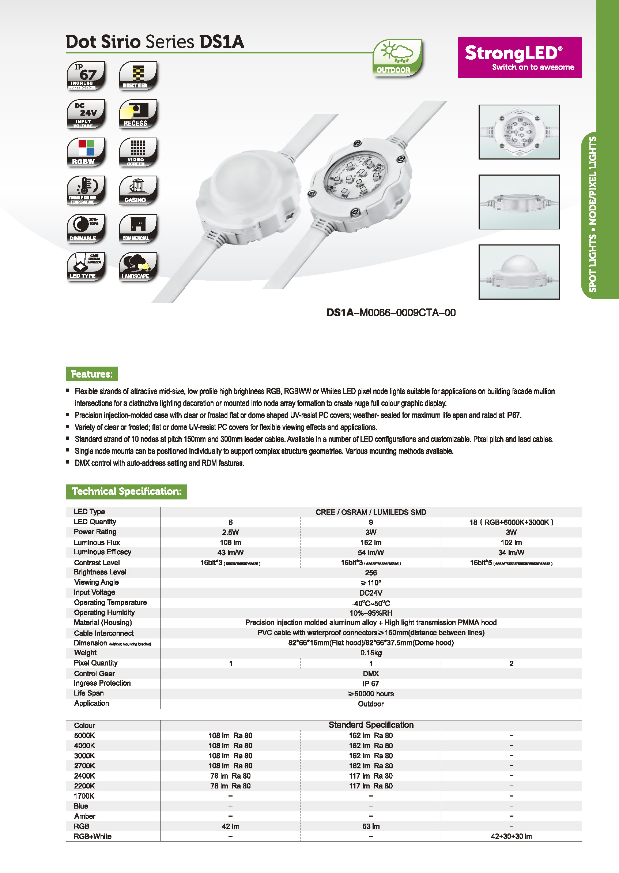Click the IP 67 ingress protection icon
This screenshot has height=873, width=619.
(x=86, y=75)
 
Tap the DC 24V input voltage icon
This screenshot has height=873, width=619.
(x=86, y=114)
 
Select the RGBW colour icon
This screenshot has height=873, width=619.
(x=86, y=152)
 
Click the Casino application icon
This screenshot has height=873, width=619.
(x=138, y=190)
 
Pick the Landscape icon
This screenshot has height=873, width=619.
(x=138, y=267)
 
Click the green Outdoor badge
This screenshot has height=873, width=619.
(x=397, y=58)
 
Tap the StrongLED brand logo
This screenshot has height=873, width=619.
(x=519, y=57)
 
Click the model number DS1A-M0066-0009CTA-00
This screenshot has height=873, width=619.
(x=391, y=313)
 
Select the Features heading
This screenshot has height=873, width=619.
(x=91, y=374)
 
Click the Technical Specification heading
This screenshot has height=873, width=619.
(x=126, y=491)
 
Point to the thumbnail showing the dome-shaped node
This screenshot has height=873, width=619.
(x=519, y=272)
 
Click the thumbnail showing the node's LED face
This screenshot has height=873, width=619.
(x=519, y=132)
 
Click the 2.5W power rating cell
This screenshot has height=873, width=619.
(x=230, y=532)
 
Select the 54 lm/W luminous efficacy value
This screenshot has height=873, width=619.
(x=370, y=552)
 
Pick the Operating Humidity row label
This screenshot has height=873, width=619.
(x=104, y=612)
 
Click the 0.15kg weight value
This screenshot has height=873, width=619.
(x=370, y=653)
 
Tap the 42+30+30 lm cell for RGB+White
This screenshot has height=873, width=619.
(x=511, y=836)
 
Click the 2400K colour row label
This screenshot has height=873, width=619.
(x=84, y=776)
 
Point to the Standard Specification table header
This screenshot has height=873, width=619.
(x=370, y=725)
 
